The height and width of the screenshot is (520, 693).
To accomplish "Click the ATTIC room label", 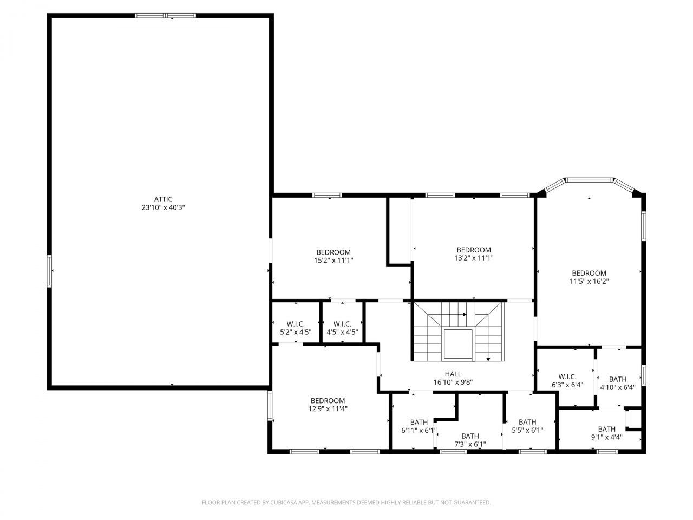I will pos(163,199).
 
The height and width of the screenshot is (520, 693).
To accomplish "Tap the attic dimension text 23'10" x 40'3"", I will pos(163,207).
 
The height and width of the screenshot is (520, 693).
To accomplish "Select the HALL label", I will pos(453,374).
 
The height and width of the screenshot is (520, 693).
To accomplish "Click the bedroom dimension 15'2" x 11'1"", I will pos(334,261).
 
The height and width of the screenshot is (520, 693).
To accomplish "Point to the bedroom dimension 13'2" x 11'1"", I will pos(473,258).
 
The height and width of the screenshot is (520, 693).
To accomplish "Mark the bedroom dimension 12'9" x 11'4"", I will pos(328,409).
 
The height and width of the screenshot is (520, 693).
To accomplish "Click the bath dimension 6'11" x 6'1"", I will pos(419,431).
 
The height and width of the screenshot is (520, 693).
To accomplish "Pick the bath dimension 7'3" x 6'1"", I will pos(470,444).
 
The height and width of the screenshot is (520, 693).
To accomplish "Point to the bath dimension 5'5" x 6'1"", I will pos(527,431).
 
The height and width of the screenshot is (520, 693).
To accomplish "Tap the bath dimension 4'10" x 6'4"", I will pos(617,387).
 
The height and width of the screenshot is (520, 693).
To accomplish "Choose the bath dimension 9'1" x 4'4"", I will pos(606,437).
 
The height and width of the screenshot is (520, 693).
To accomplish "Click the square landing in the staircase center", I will pos(459,344).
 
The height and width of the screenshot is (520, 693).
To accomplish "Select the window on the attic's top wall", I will pos(166,16).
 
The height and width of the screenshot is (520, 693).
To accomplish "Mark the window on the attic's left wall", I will pos(50,271).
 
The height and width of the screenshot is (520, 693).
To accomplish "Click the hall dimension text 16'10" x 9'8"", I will pos(453,382).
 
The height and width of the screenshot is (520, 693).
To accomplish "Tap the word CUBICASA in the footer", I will pos(285,503).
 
